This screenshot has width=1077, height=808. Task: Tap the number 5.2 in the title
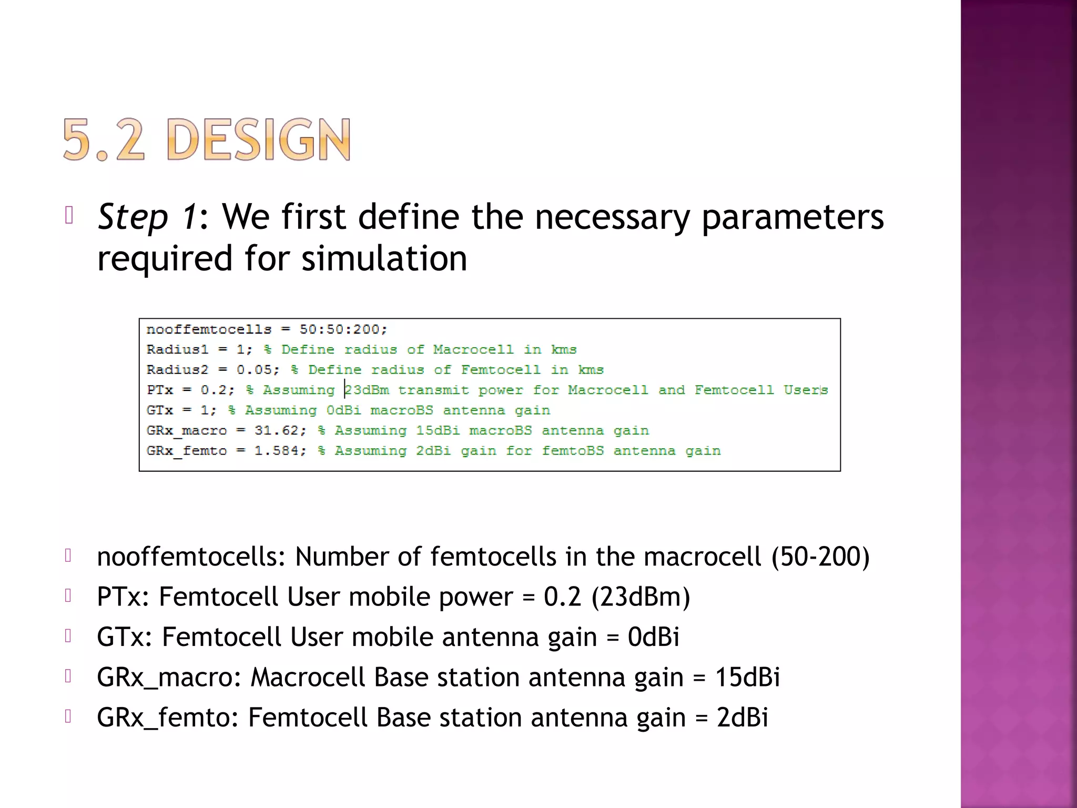pos(103,139)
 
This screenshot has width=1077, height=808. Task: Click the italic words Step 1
pos(148,217)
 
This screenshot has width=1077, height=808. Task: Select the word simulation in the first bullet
pos(384,258)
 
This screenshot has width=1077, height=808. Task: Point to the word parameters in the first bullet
pos(792,217)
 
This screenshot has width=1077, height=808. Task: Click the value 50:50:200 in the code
pos(342,329)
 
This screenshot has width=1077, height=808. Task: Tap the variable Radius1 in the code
pos(177,349)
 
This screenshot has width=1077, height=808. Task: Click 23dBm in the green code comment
pos(367,390)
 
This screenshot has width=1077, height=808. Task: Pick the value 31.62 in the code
pos(277,430)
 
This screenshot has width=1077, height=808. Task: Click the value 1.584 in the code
pos(277,450)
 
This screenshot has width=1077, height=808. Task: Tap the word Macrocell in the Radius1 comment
pos(473,349)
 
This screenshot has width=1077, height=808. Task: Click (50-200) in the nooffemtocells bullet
pos(820,557)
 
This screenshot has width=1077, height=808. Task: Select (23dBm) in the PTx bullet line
pos(641,597)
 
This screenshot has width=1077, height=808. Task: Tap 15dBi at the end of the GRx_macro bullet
pos(747,677)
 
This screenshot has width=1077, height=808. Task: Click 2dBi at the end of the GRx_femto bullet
pos(742,718)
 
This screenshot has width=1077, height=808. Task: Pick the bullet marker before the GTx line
pos(68,636)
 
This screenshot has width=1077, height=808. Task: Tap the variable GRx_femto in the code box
pos(187,451)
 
